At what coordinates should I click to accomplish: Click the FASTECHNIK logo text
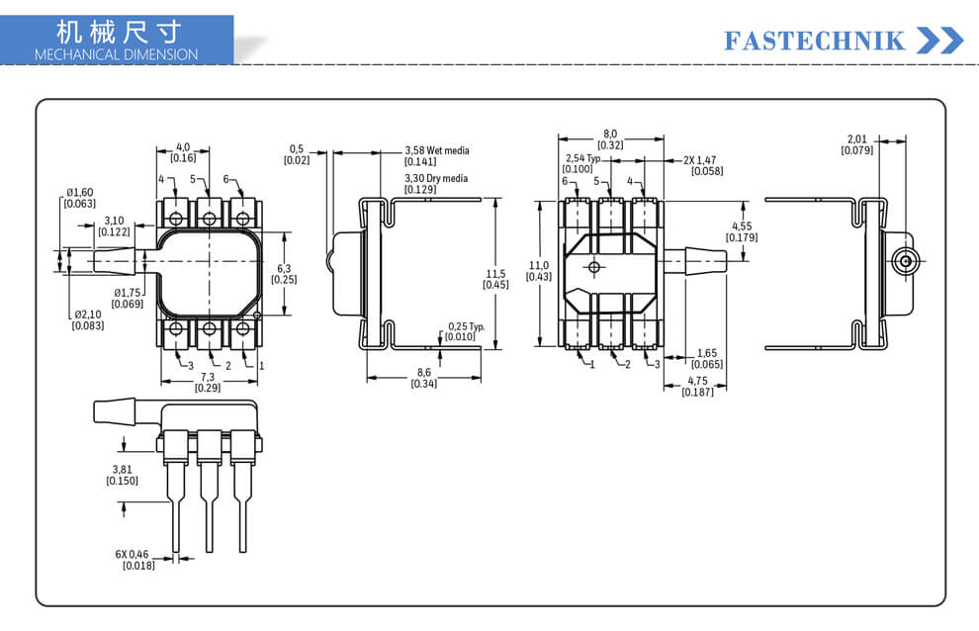coord(814,42)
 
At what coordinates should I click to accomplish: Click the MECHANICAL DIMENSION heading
coord(116,54)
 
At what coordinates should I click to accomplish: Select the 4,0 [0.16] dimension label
coord(183,152)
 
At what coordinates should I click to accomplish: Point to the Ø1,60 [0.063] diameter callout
coord(80,198)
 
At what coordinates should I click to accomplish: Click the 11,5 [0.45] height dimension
coord(495,279)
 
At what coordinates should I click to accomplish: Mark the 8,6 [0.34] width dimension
coord(424,378)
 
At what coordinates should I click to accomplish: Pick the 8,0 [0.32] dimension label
coord(610,139)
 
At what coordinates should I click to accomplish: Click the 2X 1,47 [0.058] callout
coord(703,165)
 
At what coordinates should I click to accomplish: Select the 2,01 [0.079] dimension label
coord(857,145)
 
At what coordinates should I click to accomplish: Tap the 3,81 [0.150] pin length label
coord(123,475)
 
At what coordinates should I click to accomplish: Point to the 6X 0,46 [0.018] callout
coord(134,560)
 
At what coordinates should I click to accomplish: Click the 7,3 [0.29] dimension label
coord(208,383)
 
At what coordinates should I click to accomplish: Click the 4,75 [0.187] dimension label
coord(697,386)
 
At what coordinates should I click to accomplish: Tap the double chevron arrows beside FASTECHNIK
coord(940,41)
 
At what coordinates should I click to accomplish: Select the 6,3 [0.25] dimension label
coord(284,274)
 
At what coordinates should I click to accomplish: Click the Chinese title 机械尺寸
coord(119,32)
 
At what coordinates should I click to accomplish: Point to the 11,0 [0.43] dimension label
coord(539,271)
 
